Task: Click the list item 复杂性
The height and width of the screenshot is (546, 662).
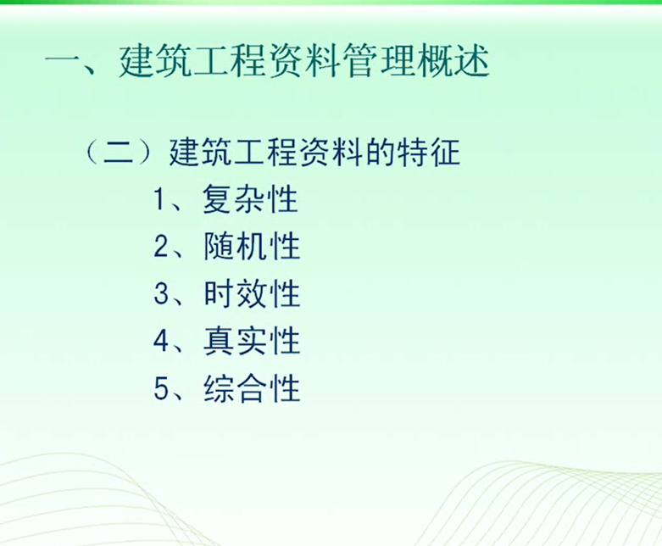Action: [x=250, y=199]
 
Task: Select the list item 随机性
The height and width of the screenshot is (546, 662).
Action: [x=252, y=246]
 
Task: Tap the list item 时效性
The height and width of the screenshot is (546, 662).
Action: [x=252, y=293]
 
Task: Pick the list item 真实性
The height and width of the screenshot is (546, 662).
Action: [x=252, y=340]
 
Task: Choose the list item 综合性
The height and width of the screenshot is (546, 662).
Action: [x=252, y=387]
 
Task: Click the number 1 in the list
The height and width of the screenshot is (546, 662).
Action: [x=159, y=199]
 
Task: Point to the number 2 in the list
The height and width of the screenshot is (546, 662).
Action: [x=161, y=246]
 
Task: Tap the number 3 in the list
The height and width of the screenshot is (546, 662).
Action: [x=161, y=293]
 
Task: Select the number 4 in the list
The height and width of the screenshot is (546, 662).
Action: [x=161, y=341]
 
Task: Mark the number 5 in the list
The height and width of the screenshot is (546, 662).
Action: [x=161, y=388]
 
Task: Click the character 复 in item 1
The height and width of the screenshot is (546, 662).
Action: [x=218, y=199]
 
